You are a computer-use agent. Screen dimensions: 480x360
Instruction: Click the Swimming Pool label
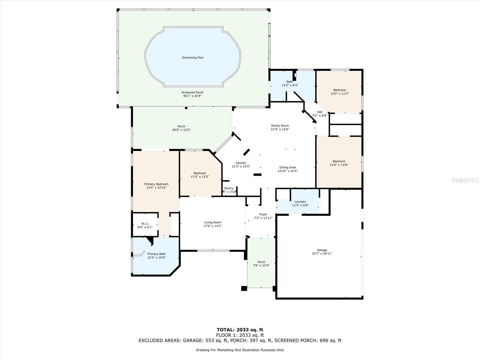tap(193, 58)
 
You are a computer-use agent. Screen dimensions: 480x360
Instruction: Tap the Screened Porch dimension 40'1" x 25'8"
tap(192, 96)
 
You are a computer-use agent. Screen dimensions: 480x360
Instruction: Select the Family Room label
tap(280, 126)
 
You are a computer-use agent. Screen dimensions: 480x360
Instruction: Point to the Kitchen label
tap(241, 163)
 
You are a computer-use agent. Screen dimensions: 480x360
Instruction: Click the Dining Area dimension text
tap(288, 171)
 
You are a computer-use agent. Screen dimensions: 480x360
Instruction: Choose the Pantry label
tap(229, 188)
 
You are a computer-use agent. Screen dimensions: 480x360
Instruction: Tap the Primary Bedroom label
tap(156, 184)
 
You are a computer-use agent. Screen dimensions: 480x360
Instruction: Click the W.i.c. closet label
tap(145, 223)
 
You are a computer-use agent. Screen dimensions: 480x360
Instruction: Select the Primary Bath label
tap(156, 254)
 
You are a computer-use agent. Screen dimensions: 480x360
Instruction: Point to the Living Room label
tap(213, 222)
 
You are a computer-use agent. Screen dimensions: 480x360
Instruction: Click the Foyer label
tap(263, 214)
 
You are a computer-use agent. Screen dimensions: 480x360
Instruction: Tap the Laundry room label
tap(300, 202)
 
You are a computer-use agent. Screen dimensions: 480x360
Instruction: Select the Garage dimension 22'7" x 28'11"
tap(322, 253)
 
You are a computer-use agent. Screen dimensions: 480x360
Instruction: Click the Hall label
tap(320, 112)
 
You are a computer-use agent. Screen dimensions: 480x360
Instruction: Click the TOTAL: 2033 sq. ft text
tap(240, 330)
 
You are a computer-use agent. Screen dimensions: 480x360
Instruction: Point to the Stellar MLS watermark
tap(465, 180)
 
